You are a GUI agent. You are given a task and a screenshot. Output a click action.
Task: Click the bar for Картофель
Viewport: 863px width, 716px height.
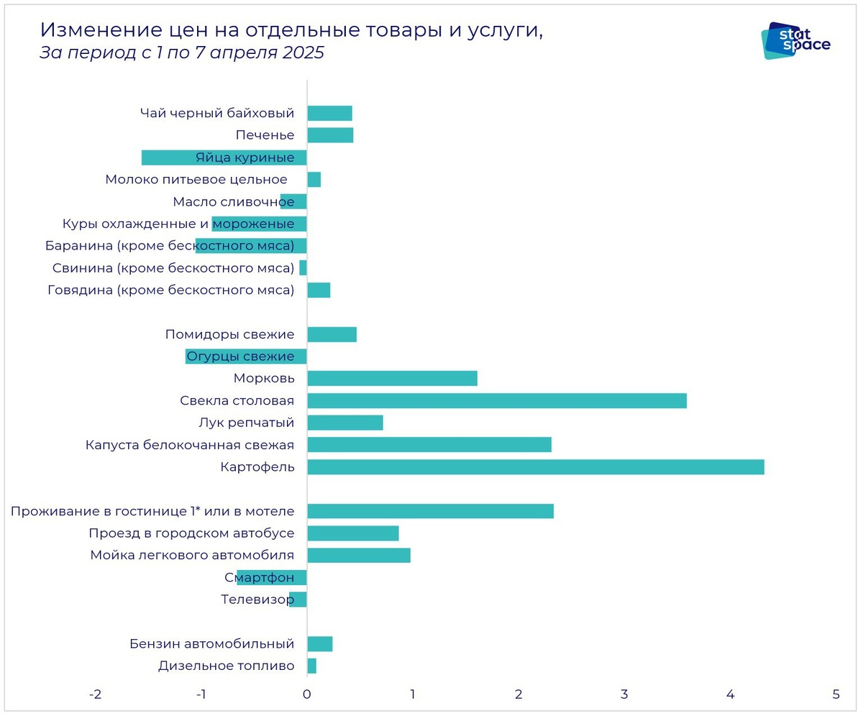(535, 467)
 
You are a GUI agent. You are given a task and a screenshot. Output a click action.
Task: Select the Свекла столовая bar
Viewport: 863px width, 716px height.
(496, 400)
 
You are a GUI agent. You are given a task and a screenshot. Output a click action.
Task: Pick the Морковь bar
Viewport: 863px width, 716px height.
(392, 379)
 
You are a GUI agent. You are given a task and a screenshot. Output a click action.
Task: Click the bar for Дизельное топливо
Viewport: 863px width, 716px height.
(311, 666)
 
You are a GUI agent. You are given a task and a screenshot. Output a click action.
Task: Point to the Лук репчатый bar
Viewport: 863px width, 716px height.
(344, 423)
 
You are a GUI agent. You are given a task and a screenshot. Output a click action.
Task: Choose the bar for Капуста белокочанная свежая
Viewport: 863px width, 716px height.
(429, 445)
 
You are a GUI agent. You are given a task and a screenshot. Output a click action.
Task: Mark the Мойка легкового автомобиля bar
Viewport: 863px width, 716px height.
(358, 555)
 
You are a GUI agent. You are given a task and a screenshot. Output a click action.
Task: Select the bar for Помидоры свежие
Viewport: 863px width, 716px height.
(332, 334)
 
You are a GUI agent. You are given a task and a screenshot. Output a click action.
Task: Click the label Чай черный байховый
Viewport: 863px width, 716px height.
(216, 113)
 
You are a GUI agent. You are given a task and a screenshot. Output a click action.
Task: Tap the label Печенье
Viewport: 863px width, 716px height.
(265, 135)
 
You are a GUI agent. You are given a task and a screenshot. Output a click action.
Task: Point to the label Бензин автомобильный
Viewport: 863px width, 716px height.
(211, 643)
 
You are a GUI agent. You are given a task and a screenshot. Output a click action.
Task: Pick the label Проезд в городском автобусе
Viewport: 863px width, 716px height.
(191, 533)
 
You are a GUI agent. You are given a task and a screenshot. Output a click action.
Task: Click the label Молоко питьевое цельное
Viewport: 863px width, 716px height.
(196, 180)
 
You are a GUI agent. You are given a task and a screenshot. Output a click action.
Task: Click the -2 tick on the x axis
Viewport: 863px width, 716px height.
(94, 695)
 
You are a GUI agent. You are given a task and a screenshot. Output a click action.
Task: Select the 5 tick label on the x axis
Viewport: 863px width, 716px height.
(836, 695)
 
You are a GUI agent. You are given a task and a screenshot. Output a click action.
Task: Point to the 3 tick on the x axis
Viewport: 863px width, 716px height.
(624, 695)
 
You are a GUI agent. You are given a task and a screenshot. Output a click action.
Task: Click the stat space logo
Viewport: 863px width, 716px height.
(795, 41)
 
